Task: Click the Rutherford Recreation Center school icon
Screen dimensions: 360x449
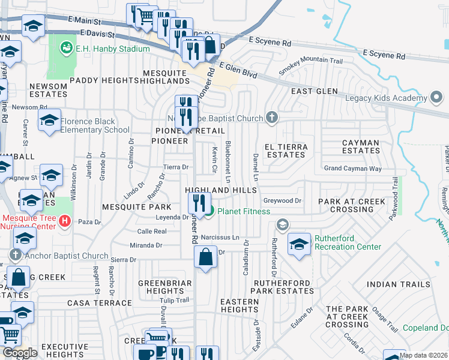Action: [300, 244]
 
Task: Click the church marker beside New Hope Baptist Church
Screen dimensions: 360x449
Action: [272, 118]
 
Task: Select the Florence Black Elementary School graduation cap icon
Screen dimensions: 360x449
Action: [50, 120]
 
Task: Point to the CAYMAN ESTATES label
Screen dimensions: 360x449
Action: [361, 147]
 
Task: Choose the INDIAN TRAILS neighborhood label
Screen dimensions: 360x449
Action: [399, 284]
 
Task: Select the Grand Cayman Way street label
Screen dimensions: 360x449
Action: [352, 169]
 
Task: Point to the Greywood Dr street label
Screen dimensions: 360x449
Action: [282, 201]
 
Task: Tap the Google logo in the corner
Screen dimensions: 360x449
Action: [20, 353]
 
